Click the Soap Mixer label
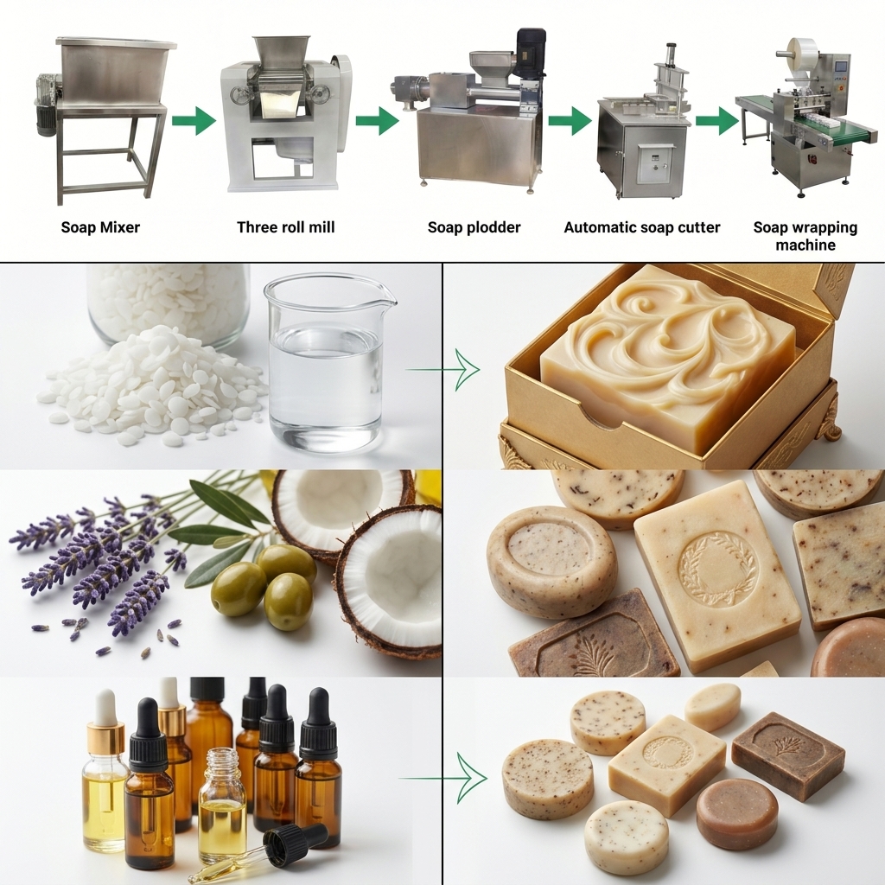100,228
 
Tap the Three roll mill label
285,228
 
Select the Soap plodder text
474,228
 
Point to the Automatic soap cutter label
641,228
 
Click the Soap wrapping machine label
805,236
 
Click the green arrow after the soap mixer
193,120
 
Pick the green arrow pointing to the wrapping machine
716,120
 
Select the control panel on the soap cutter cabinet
655,162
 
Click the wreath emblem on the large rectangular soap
716,567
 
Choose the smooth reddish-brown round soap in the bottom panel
736,813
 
